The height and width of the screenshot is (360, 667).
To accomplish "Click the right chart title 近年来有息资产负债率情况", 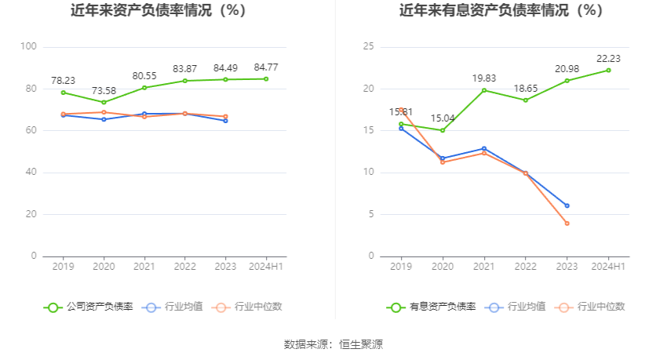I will [x=501, y=11].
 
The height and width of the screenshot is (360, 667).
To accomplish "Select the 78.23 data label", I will [x=63, y=80].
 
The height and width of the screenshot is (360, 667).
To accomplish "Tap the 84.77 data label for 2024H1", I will [x=266, y=67].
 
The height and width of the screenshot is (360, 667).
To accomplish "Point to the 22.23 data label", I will [x=608, y=58].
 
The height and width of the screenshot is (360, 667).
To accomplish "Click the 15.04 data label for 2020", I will [x=442, y=118].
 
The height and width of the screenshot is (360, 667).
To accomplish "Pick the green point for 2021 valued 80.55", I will [x=144, y=88].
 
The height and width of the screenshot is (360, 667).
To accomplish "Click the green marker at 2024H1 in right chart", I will [x=608, y=70].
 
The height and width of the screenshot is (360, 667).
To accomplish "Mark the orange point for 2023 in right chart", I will [x=567, y=224].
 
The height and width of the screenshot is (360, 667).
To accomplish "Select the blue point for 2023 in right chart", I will [x=567, y=205].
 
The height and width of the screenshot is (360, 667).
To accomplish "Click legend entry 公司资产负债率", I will [x=88, y=307].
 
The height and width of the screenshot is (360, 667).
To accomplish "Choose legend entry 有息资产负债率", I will [x=431, y=307].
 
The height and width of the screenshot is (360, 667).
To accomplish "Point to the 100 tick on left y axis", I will [x=29, y=47].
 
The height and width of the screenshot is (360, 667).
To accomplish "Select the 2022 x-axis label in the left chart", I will [x=185, y=267].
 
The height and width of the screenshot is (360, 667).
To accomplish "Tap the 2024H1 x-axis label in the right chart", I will [x=608, y=267].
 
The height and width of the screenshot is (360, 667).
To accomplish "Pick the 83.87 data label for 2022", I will [x=185, y=69].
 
